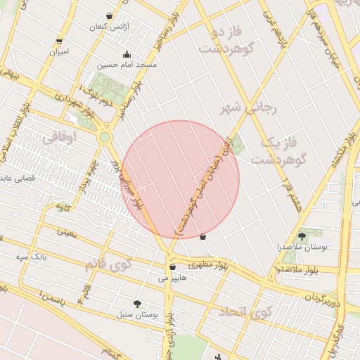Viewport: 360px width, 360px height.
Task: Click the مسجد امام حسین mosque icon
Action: pyautogui.click(x=127, y=55)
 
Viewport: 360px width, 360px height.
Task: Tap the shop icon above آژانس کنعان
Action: pyautogui.click(x=109, y=15)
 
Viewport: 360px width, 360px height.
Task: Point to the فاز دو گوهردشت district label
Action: pyautogui.click(x=226, y=41)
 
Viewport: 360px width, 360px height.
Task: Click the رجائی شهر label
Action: pyautogui.click(x=250, y=108)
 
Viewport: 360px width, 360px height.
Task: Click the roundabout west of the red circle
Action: pyautogui.click(x=105, y=137)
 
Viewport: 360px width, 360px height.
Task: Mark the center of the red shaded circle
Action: pyautogui.click(x=181, y=179)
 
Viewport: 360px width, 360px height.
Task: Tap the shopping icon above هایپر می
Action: pyautogui.click(x=172, y=267)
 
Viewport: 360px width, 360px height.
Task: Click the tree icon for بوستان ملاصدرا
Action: pyautogui.click(x=302, y=236)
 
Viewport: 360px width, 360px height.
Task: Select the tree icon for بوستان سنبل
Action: pyautogui.click(x=136, y=303)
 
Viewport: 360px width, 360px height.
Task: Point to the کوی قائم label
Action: pyautogui.click(x=108, y=265)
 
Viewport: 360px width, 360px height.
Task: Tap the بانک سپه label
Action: pyautogui.click(x=32, y=257)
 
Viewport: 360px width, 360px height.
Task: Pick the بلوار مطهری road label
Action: pyautogui.click(x=209, y=265)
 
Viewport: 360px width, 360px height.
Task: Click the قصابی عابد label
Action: pyautogui.click(x=21, y=179)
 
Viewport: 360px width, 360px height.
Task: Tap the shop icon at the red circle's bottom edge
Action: pyautogui.click(x=203, y=237)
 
